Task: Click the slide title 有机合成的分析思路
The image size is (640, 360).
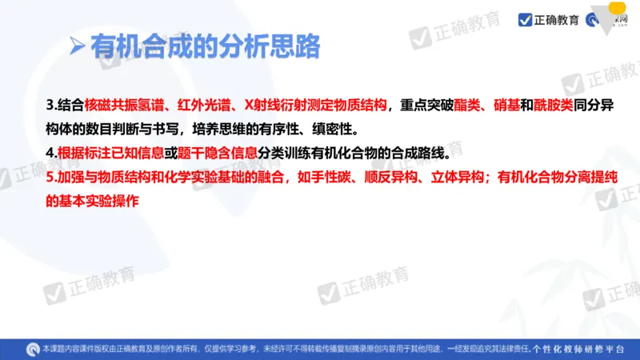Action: click(206, 46)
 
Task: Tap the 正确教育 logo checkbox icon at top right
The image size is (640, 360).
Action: click(525, 18)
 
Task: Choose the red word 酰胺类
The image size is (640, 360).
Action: click(554, 105)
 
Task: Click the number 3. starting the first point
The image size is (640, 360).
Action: click(52, 105)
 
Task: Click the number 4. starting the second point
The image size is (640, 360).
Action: click(52, 153)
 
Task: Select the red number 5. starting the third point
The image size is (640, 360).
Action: click(52, 178)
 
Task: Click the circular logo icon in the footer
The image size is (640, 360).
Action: click(32, 348)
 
